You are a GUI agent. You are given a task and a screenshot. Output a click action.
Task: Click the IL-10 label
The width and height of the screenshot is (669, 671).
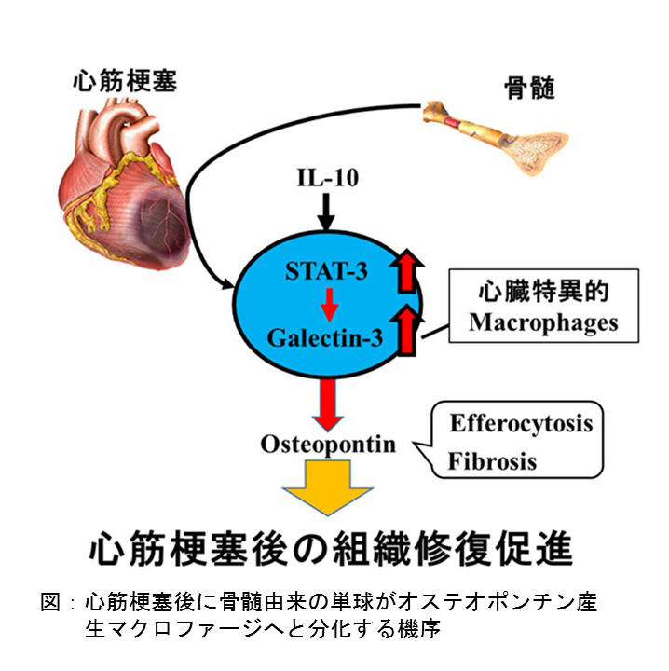328,178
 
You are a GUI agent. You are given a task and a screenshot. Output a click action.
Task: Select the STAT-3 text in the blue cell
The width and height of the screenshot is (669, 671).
326,271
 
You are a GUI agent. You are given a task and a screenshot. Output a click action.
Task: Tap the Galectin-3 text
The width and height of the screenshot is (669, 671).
325,337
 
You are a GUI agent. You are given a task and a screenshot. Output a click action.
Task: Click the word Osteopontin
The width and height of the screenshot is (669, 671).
328,445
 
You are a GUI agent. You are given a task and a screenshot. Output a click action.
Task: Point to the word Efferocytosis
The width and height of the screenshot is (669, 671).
521,424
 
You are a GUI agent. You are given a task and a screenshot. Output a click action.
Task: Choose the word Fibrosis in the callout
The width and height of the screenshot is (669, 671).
492,461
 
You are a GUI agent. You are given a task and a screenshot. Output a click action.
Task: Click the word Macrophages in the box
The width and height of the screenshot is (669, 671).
543,323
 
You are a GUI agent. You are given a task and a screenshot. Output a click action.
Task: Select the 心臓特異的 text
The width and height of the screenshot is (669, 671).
543,292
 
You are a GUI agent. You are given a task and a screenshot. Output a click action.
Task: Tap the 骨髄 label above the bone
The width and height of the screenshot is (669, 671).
529,88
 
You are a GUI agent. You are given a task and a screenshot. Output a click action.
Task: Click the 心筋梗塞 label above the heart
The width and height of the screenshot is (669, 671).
125,80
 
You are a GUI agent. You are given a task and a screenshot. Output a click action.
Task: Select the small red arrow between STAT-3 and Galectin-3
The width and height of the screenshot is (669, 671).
329,305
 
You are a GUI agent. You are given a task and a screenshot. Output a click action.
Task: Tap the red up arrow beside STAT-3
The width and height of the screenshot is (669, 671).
407,272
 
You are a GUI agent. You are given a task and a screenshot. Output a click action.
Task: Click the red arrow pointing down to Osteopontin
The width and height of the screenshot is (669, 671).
328,405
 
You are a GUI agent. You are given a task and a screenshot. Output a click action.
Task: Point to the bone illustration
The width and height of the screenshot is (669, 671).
497,138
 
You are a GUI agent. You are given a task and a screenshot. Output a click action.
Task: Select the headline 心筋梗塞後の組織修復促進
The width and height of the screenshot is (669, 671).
331,550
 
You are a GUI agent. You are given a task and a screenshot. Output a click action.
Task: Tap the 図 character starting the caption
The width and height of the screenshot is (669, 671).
50,602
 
